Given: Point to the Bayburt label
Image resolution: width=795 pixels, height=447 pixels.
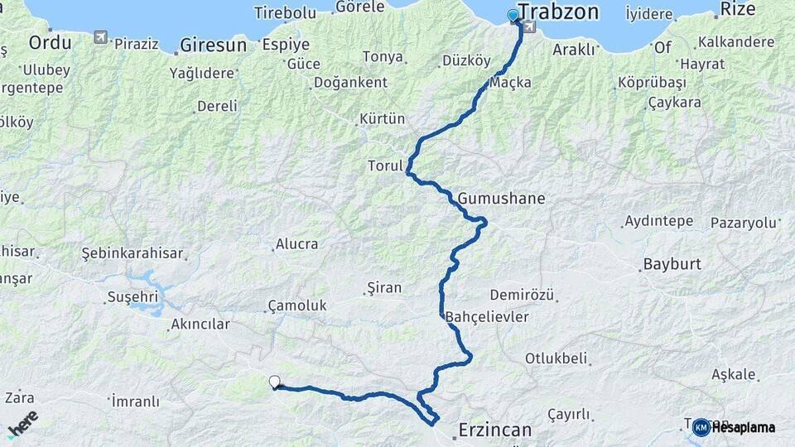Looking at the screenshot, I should point(672,265).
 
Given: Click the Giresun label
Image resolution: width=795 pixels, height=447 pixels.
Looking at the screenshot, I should point(214,45).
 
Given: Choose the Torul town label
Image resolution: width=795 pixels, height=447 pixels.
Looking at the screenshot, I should point(385,166).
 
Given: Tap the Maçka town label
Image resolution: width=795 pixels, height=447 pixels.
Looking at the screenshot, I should point(510,83).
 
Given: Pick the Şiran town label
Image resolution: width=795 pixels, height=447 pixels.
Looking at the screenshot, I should point(383,288).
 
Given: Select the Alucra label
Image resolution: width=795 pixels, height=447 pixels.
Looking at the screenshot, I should point(296,244).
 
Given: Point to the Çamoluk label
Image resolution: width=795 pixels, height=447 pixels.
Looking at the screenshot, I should point(297,306).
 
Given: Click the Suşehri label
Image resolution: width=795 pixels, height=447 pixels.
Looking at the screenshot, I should point(132,296).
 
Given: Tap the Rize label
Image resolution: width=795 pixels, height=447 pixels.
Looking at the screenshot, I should point(738,9).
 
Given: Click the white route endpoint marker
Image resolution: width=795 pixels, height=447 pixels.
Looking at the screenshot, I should point(274,382).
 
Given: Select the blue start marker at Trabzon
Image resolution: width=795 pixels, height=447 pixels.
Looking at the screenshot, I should point(513,15).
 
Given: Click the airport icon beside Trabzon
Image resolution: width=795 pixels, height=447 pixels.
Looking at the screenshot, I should point(529,27).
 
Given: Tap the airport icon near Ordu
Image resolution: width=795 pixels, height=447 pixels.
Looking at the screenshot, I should point(100,37).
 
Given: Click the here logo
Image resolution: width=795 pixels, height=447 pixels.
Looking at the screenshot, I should point(22,423).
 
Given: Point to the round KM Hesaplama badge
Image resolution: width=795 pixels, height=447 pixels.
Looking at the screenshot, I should point(701,427).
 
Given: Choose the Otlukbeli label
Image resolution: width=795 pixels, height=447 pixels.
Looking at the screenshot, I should point(556,358).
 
